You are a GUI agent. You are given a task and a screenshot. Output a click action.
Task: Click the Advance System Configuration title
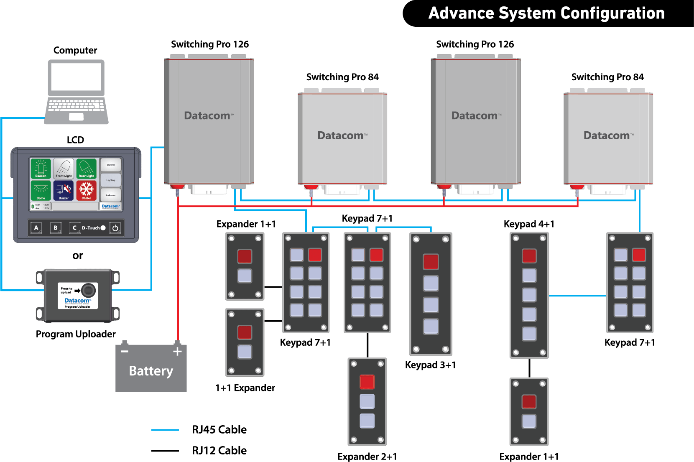click(x=546, y=13)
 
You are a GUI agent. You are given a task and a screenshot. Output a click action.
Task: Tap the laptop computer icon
click(x=76, y=92)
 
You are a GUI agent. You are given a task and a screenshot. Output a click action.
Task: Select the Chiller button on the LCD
click(x=87, y=190)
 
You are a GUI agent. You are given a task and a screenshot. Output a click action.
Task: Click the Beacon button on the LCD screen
click(x=41, y=168)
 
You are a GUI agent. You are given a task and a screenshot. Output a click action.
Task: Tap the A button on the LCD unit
click(x=36, y=228)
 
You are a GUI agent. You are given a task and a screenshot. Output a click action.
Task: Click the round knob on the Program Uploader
click(x=88, y=290)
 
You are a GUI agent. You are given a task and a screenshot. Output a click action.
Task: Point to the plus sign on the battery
click(x=178, y=351)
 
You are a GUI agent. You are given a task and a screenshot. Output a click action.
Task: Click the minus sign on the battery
click(x=125, y=351)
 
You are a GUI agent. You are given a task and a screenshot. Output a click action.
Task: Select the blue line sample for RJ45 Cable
click(x=165, y=430)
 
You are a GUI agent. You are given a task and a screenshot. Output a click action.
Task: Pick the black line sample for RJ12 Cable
click(x=165, y=451)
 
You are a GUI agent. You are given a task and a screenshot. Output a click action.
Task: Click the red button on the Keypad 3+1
click(x=431, y=262)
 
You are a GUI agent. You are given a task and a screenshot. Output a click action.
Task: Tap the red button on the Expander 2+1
click(x=367, y=382)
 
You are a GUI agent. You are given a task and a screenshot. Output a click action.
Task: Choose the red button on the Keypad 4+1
click(x=529, y=256)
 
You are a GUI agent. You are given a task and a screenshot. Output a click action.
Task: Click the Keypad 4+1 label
click(x=529, y=224)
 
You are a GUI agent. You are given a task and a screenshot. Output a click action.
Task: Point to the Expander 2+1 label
click(x=367, y=457)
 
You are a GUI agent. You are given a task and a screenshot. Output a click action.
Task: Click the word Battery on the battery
click(x=151, y=371)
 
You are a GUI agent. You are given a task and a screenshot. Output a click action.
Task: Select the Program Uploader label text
click(x=76, y=334)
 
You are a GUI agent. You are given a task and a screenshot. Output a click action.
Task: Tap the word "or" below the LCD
click(x=78, y=255)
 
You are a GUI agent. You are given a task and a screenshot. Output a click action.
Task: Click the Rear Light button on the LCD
click(x=87, y=168)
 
